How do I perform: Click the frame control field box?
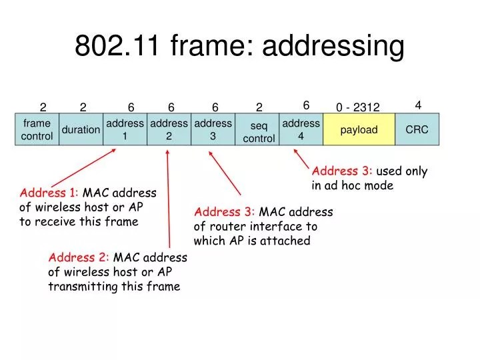point(37,129)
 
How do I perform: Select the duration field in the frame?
point(81,129)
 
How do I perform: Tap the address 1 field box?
point(125,129)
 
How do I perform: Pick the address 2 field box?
point(169,129)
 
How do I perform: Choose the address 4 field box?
point(301,129)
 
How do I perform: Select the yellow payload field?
point(359,129)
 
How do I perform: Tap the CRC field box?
point(417,129)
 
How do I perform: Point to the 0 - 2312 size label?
point(357,107)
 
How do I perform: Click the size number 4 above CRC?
point(418,105)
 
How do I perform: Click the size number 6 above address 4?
point(306,105)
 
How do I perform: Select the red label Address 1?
point(49,193)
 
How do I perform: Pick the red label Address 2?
point(78,257)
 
